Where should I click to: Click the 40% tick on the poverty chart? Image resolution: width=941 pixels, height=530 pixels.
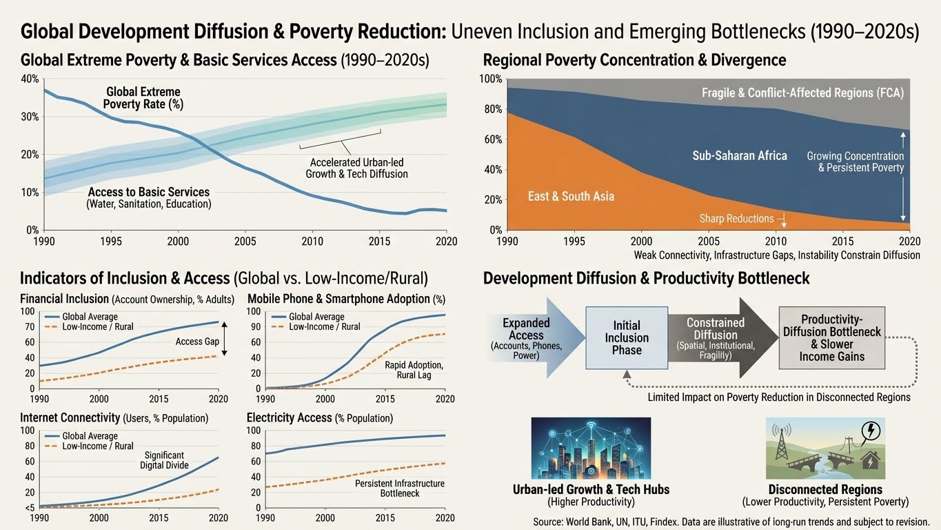click(30, 79)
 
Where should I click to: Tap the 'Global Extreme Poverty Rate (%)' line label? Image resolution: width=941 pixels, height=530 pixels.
click(143, 98)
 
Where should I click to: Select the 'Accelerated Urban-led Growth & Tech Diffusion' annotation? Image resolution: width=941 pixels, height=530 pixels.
click(356, 168)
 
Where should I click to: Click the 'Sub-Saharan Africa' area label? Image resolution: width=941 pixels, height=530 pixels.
click(740, 156)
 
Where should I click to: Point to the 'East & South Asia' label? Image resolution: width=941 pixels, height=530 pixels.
click(571, 196)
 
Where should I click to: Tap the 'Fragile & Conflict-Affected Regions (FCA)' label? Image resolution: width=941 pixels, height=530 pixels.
click(802, 92)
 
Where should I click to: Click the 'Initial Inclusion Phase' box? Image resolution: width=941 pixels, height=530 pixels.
click(627, 337)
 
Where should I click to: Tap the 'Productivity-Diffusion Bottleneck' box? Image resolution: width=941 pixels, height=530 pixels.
click(831, 337)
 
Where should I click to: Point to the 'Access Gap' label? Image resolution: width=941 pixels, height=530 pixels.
click(197, 341)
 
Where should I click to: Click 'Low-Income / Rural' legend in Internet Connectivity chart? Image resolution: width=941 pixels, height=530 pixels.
click(97, 446)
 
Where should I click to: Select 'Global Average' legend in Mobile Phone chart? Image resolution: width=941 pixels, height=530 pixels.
click(316, 317)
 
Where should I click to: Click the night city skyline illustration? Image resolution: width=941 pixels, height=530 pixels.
click(591, 448)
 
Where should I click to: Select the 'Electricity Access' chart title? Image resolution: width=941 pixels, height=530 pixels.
click(320, 418)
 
